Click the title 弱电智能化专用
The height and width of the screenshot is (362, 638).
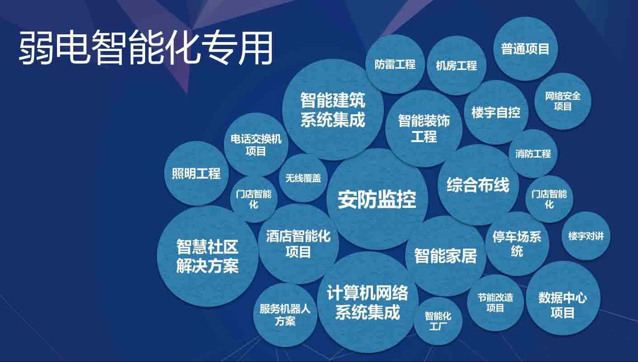146,48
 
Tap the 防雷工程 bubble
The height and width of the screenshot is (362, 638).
395,64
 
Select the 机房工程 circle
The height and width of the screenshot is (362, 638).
456,66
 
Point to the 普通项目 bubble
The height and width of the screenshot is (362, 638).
525,49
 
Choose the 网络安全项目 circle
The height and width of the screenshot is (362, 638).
562,101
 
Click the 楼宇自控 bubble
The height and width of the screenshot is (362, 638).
496,113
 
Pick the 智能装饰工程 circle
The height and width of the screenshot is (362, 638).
424,128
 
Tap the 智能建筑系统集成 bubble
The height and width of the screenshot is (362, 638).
333,109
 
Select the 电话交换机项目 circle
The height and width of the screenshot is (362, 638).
256,145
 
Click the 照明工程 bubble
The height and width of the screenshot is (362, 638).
196,174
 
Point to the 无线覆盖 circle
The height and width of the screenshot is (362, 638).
303,178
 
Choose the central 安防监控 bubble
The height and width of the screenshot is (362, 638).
377,199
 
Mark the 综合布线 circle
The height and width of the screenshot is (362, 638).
478,185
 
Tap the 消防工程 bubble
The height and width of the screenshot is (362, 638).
533,154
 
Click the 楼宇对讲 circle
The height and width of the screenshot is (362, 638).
586,235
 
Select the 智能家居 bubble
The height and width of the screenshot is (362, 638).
445,256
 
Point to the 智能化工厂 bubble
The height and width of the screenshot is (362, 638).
437,321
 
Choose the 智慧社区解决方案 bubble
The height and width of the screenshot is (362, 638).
208,256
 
